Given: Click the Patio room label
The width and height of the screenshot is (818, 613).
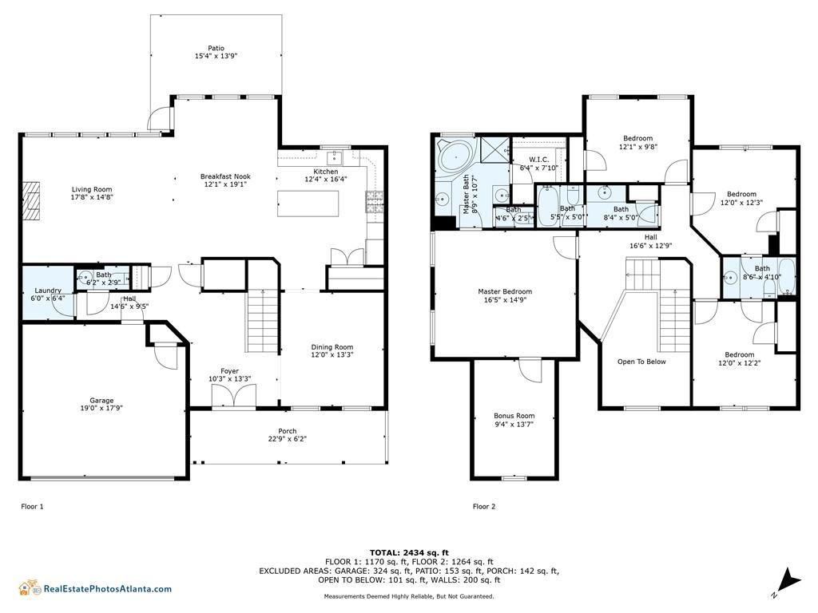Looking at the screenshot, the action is click(216, 48).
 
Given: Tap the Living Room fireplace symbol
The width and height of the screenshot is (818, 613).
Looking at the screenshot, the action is click(31, 201).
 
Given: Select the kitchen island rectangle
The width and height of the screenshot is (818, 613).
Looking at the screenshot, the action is click(308, 204).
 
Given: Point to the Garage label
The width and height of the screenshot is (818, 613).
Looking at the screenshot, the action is click(101, 401).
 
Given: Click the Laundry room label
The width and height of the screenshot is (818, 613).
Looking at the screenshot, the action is click(48, 291).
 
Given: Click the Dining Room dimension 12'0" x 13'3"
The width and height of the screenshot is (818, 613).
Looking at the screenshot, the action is click(332, 355).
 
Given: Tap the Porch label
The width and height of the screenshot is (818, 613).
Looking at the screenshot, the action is click(287, 431).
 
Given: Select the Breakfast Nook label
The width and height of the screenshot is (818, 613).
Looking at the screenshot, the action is click(225, 176).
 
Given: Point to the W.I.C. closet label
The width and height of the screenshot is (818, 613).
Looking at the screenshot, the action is click(539, 160).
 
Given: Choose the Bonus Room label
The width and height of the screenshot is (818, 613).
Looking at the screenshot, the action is click(514, 416).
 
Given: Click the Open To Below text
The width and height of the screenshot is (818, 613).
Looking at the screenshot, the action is click(641, 362).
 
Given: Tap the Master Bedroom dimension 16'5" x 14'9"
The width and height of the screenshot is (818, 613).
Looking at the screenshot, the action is click(505, 300).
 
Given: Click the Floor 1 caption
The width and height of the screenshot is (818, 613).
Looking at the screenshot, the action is click(32, 507).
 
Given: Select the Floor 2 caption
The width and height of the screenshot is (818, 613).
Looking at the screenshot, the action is click(484, 507).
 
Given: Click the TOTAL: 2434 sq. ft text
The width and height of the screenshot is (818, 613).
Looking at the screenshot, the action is click(409, 552).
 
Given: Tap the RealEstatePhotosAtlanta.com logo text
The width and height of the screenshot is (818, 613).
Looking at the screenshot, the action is click(108, 589).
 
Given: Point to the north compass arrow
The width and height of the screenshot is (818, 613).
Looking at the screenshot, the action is click(790, 580).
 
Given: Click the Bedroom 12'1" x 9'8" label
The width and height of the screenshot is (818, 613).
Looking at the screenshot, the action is click(638, 142).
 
